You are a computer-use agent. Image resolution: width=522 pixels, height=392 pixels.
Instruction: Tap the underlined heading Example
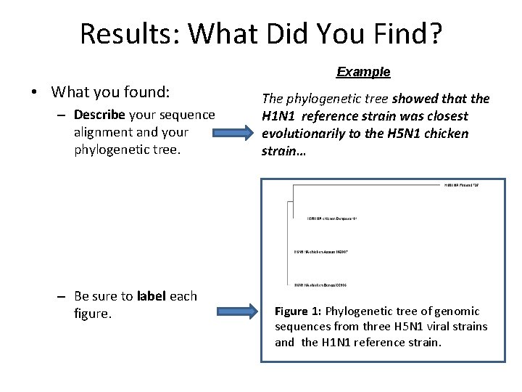[x=363, y=72]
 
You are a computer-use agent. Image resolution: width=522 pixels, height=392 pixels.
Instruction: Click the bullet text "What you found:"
[x=110, y=92]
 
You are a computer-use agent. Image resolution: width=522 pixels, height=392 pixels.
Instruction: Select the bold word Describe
[x=99, y=115]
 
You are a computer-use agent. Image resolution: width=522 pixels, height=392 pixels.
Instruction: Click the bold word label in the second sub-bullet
[x=150, y=296]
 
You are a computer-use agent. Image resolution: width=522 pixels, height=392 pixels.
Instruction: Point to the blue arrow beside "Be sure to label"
[x=236, y=313]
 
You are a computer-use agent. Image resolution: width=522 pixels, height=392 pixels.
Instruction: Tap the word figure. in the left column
[x=93, y=314]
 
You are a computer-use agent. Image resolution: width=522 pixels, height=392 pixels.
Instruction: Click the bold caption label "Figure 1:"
[x=297, y=311]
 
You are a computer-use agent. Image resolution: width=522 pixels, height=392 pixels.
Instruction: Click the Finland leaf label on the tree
[x=462, y=185]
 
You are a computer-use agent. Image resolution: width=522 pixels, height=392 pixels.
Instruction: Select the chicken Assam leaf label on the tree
[x=321, y=251]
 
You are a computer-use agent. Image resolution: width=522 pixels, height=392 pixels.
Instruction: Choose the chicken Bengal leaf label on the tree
[x=321, y=284]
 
